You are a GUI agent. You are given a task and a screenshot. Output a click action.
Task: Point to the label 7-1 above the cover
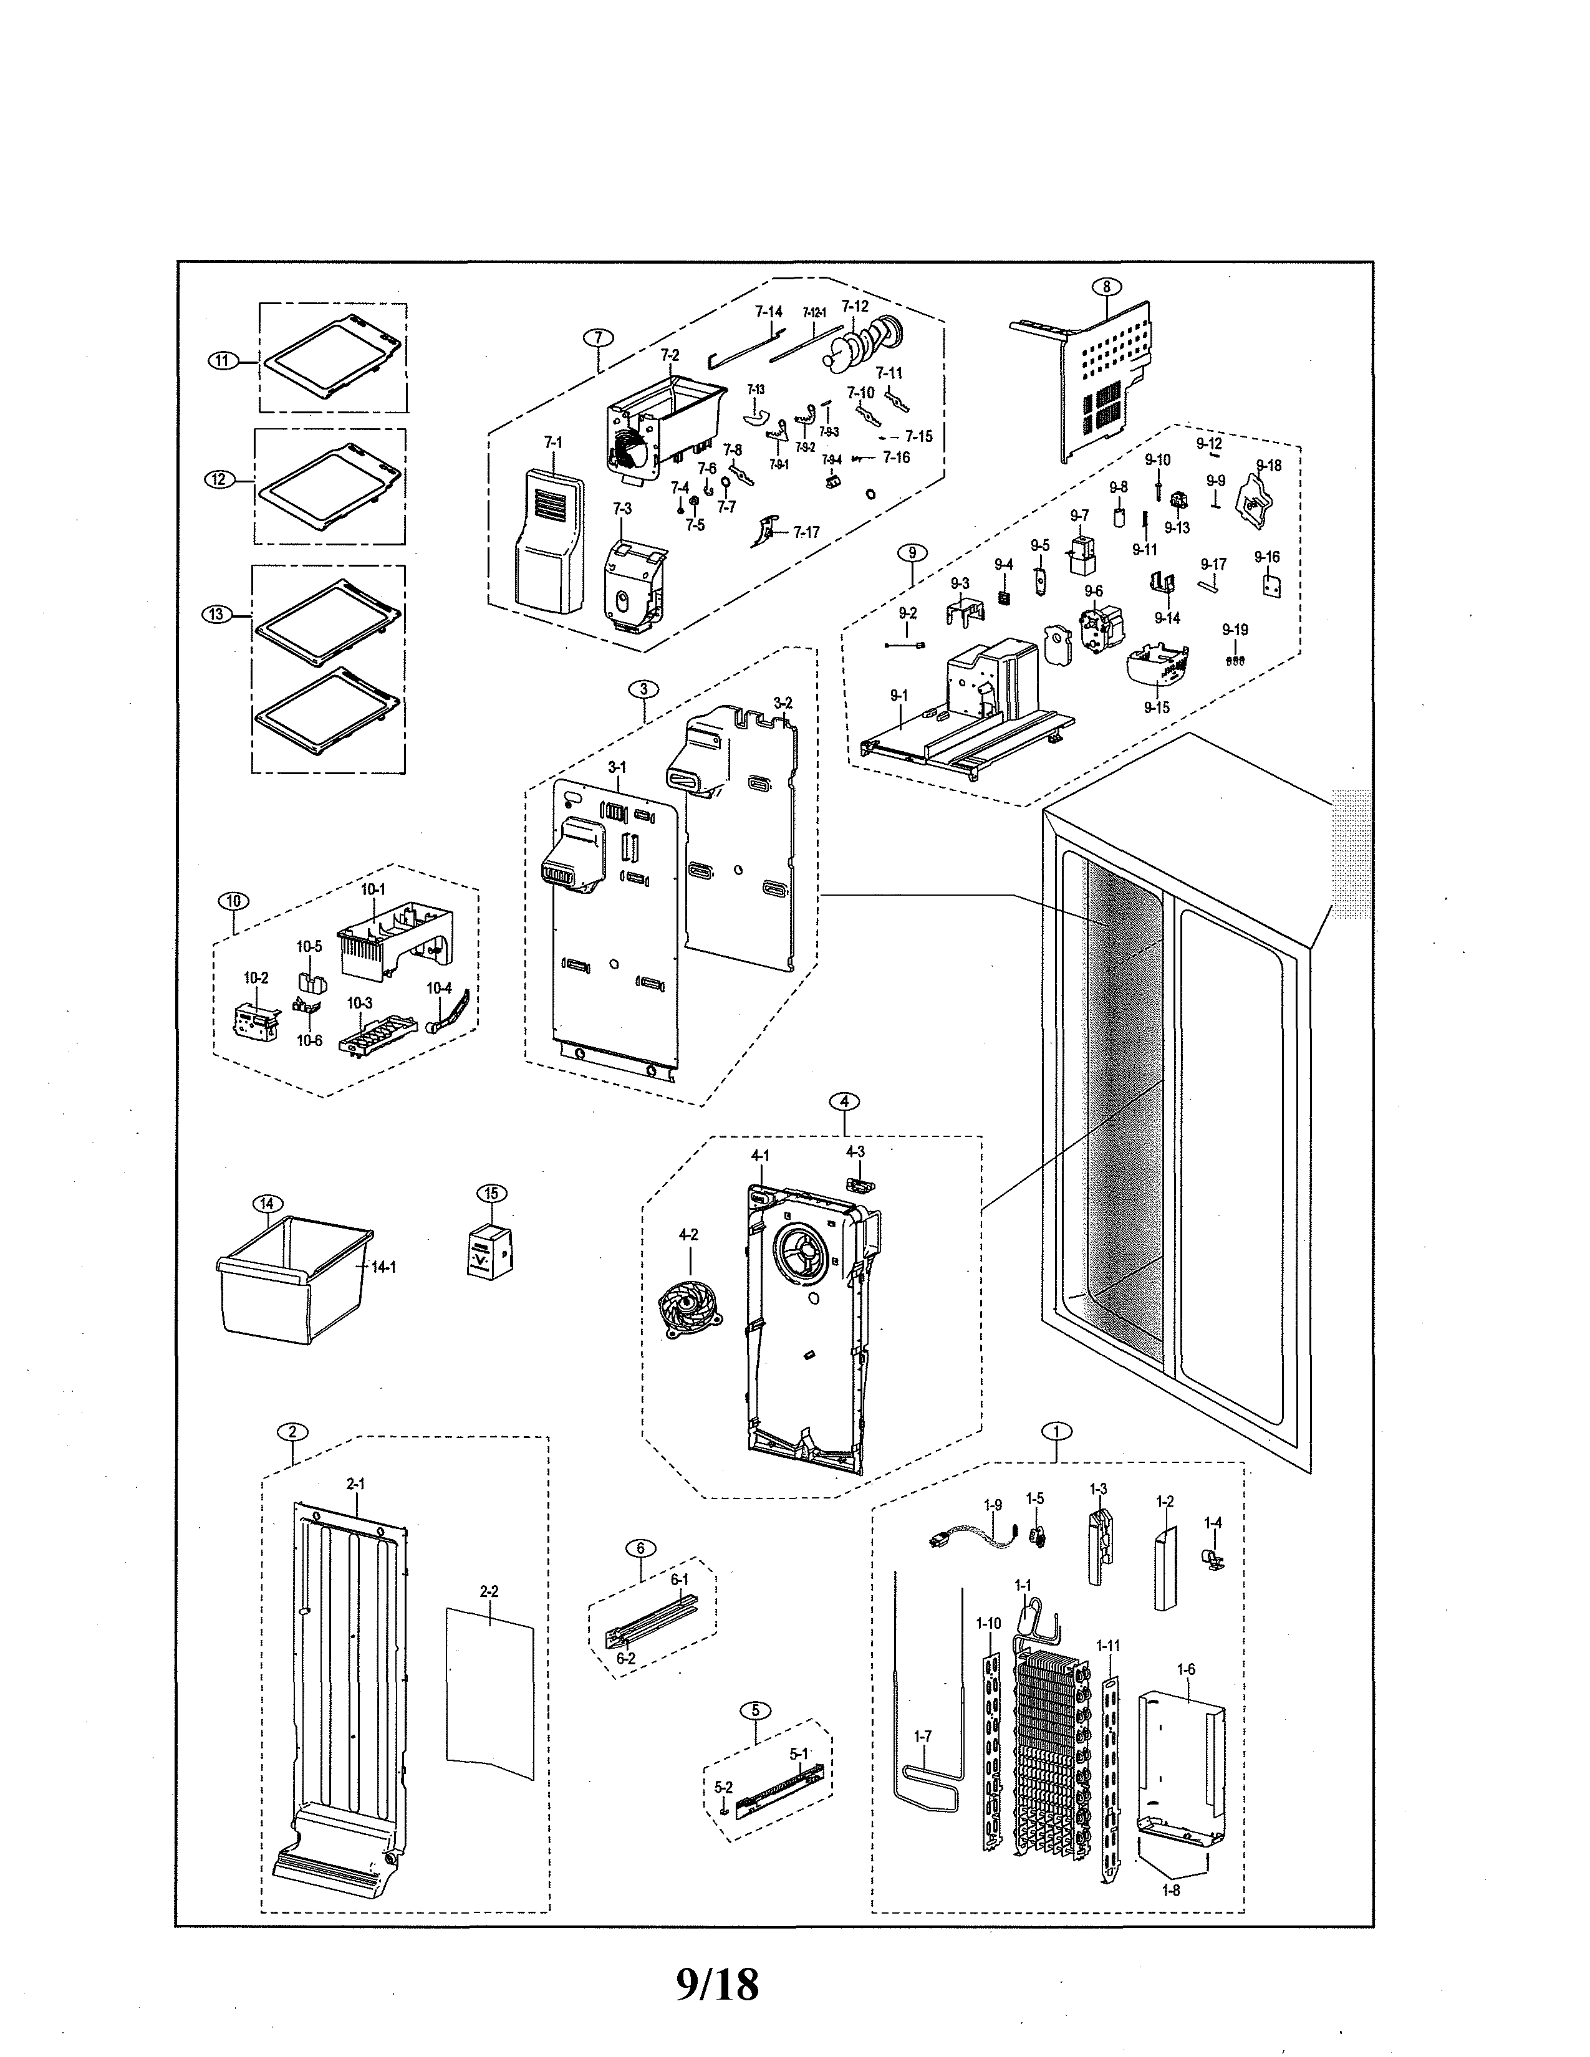553,442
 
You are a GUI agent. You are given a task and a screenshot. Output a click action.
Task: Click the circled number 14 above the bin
267,1204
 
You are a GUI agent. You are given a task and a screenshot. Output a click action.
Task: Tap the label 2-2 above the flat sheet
489,1592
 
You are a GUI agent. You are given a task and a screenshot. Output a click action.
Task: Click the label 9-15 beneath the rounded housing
1157,707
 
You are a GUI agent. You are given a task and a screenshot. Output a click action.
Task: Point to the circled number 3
643,689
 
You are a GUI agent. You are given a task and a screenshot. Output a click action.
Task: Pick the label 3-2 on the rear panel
783,702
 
